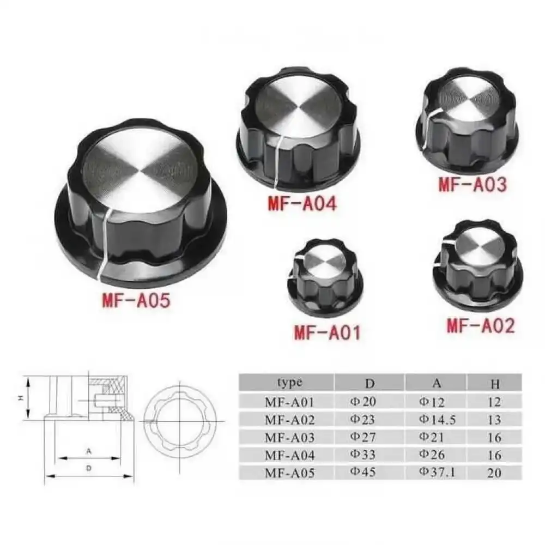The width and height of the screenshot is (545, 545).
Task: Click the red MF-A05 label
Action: click(136, 300)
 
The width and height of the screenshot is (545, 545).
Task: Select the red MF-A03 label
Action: click(473, 184)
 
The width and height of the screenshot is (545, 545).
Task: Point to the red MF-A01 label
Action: click(327, 332)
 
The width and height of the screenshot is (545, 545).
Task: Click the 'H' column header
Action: click(495, 384)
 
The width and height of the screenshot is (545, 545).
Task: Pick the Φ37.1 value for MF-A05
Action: click(437, 472)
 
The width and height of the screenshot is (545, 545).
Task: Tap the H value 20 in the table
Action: click(494, 473)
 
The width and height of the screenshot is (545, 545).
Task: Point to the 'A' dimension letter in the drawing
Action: click(88, 451)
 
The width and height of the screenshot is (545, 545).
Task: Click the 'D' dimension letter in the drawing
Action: click(88, 468)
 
